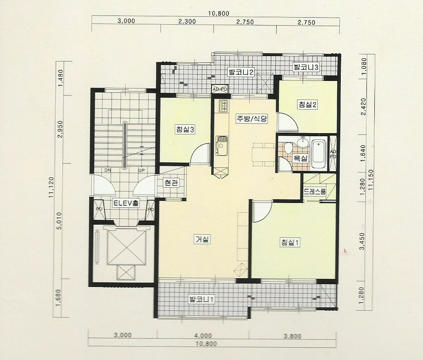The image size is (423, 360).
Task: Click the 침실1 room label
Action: click(x=290, y=242)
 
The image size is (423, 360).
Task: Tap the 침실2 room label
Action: click(x=307, y=104)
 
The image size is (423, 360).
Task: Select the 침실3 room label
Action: click(x=185, y=130)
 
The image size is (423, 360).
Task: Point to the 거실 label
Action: click(x=202, y=239)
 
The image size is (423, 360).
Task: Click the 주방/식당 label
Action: click(x=252, y=119)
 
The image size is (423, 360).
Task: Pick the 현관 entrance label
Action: click(x=171, y=183)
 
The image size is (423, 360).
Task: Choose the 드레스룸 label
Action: click(x=315, y=192)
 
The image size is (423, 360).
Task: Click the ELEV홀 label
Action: click(x=126, y=203)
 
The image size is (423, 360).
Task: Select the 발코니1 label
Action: click(x=202, y=299)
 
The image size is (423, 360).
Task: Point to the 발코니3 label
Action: click(x=306, y=67)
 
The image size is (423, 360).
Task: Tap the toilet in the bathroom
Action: click(x=288, y=148)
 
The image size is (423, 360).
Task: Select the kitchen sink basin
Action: click(x=221, y=146)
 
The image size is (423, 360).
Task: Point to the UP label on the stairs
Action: click(x=141, y=170)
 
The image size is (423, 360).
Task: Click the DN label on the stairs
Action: click(x=108, y=170)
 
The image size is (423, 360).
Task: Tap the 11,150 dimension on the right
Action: click(x=371, y=180)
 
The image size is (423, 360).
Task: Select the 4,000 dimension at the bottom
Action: click(x=203, y=336)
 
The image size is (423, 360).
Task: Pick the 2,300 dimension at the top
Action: click(x=187, y=21)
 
